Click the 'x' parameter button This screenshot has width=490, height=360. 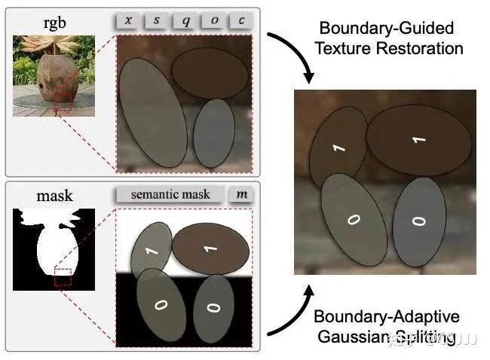tap(127, 20)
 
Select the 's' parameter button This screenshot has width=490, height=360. tap(156, 20)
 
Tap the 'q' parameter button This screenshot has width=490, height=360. tap(185, 20)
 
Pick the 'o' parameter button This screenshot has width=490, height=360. tap(214, 20)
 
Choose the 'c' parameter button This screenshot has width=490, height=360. tap(241, 20)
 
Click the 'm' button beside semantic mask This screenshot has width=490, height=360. tap(241, 194)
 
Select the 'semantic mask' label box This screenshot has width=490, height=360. tap(170, 194)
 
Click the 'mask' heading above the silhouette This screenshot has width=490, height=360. tap(55, 196)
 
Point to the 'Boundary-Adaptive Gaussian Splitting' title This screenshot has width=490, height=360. tap(386, 326)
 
